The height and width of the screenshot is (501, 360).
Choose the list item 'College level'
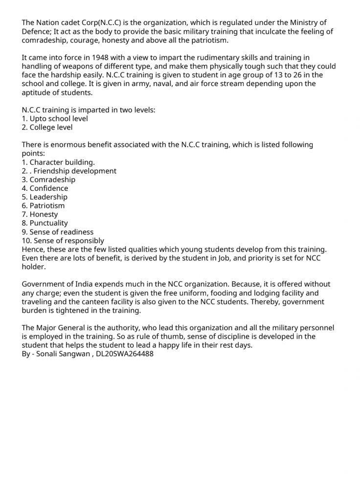click(x=51, y=127)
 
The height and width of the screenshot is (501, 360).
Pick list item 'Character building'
click(x=62, y=162)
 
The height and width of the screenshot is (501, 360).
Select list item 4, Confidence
click(x=49, y=188)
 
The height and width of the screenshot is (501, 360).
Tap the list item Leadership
click(x=48, y=197)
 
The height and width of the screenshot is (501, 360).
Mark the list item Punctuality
click(x=49, y=223)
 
